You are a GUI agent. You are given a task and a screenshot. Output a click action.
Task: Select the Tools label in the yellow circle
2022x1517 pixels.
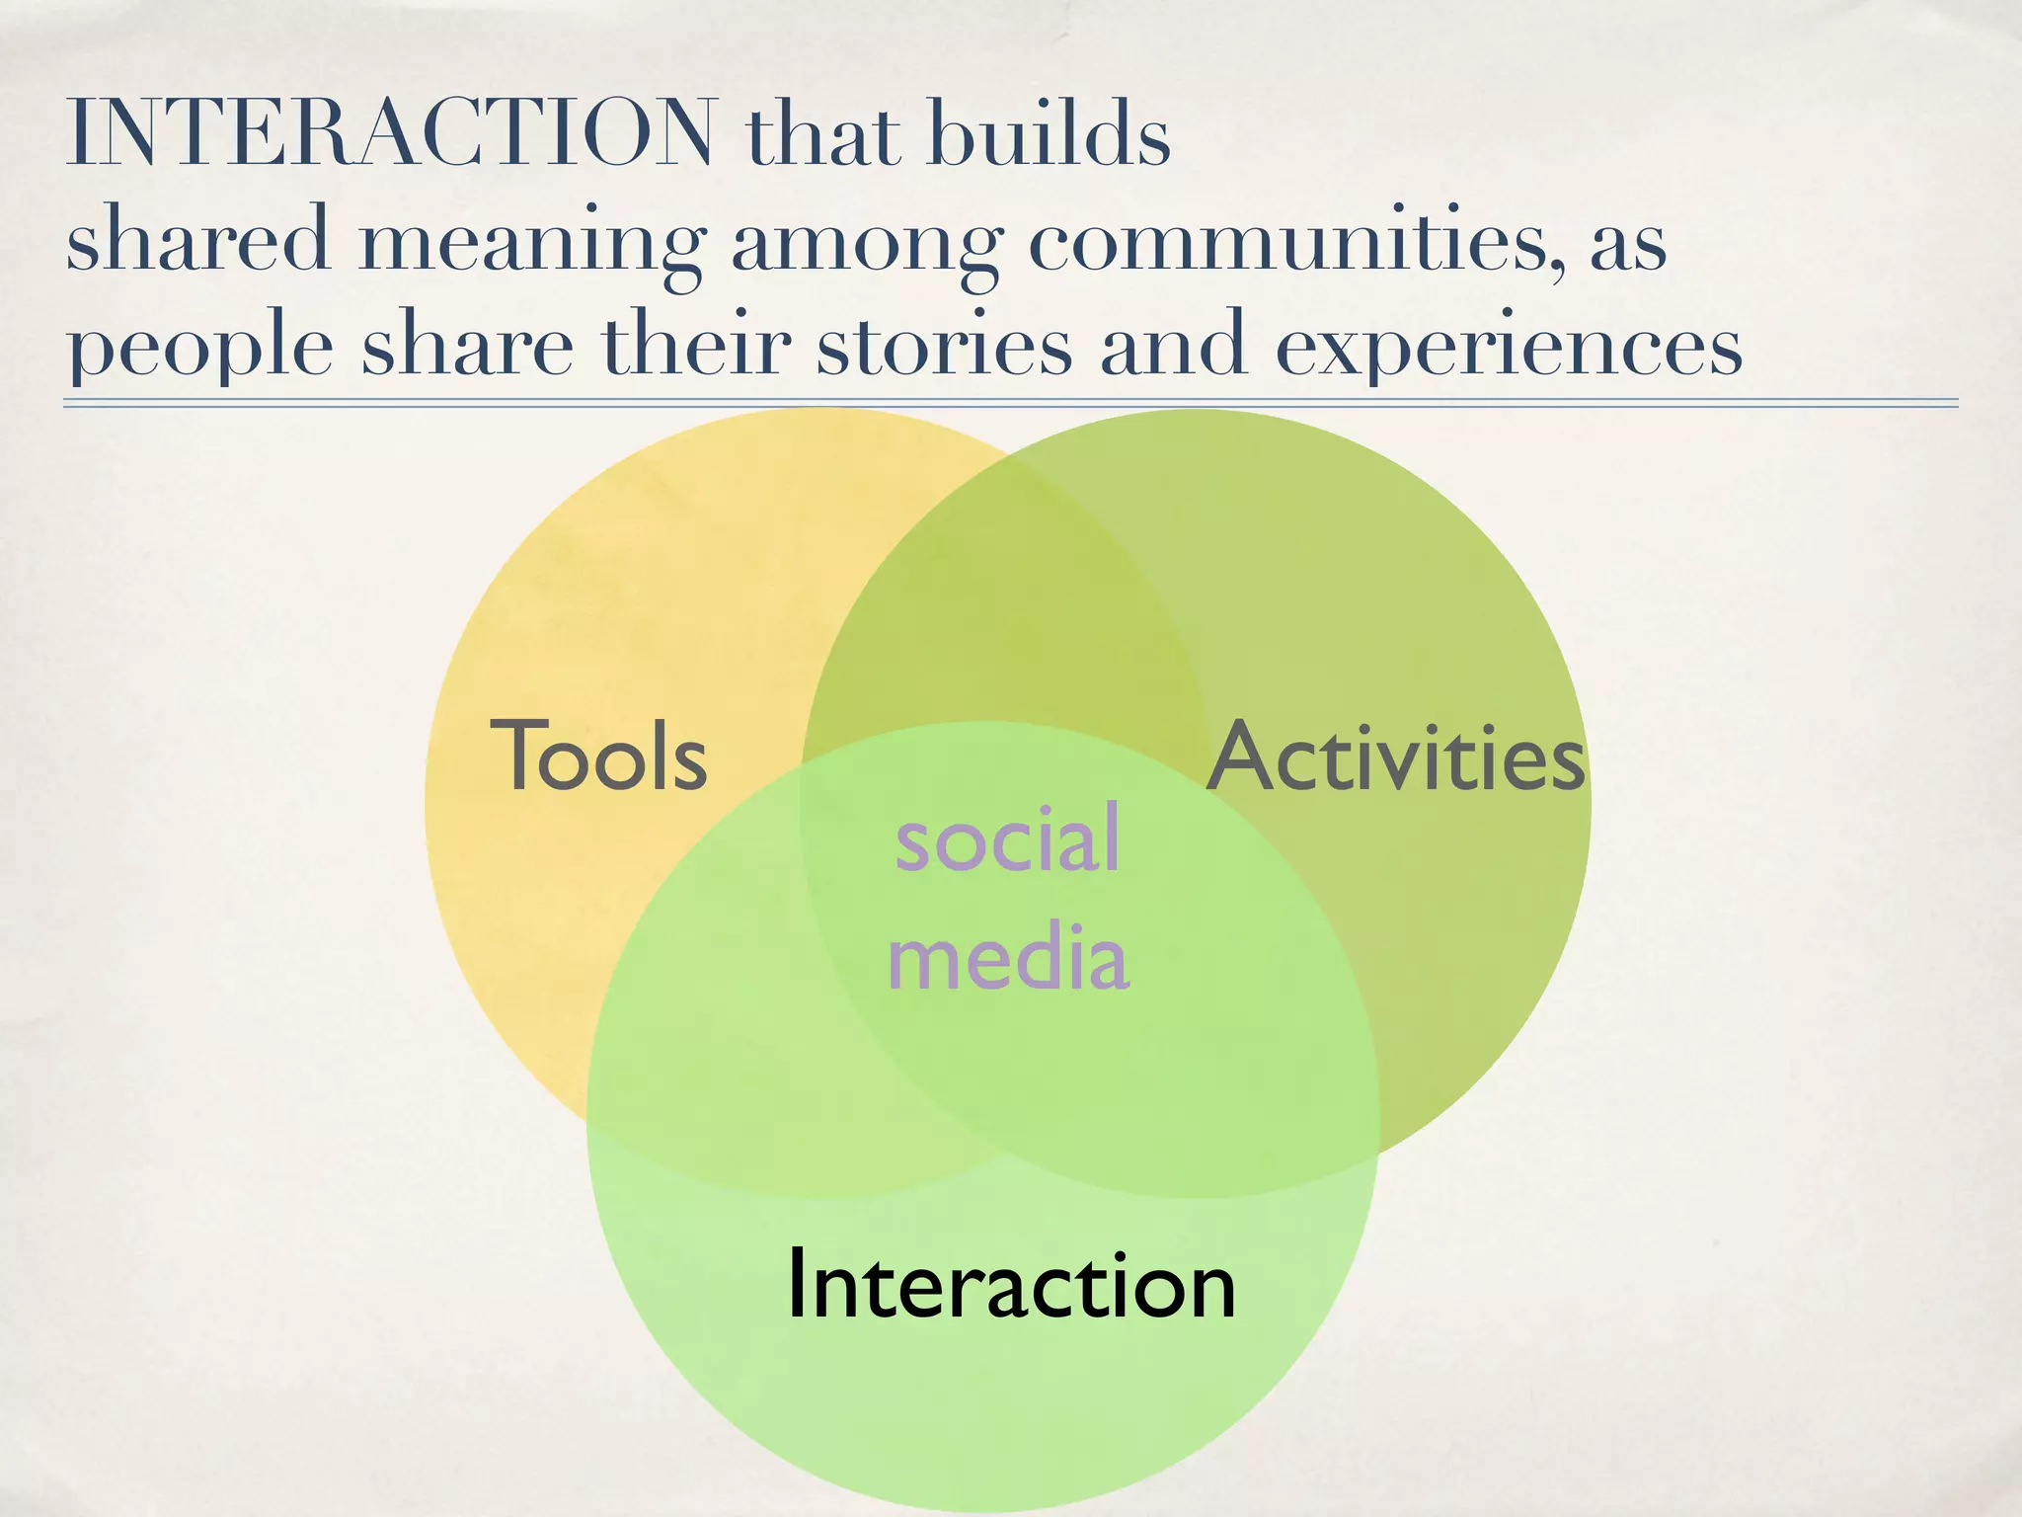599,757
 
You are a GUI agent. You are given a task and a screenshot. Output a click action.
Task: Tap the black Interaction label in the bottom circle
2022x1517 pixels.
1010,1284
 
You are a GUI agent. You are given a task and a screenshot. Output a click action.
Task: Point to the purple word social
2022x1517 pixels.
1007,838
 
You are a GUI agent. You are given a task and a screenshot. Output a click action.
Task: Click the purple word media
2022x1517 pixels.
1007,956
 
